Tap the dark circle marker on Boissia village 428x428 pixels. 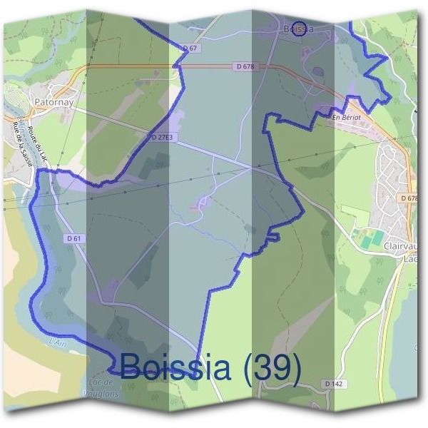(x=300, y=29)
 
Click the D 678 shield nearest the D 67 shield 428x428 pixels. (x=245, y=66)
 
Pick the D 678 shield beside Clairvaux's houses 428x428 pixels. (x=409, y=198)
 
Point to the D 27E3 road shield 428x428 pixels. (x=163, y=136)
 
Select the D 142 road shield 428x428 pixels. (x=333, y=384)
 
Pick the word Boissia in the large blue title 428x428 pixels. (x=175, y=367)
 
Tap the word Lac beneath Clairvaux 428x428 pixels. (x=411, y=259)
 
